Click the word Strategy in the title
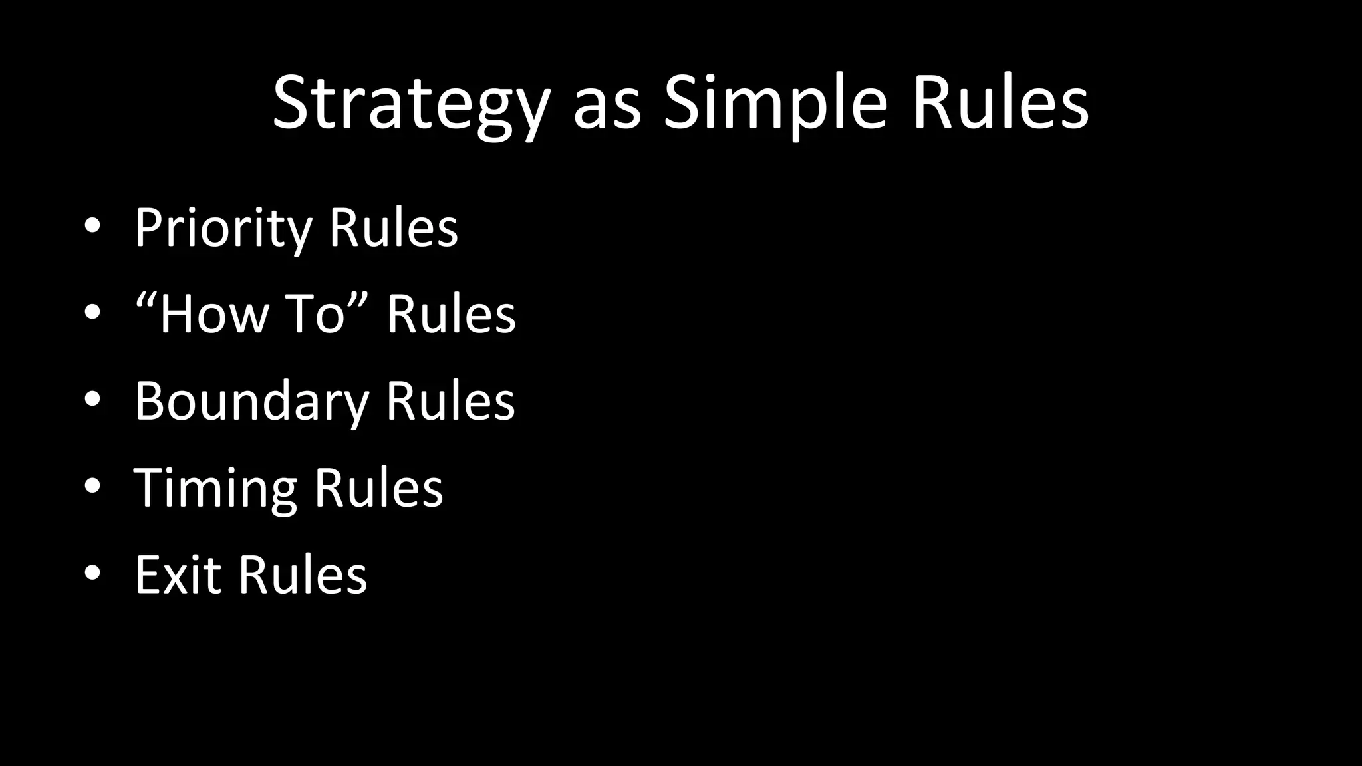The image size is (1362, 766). point(411,105)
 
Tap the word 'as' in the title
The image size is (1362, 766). point(607,106)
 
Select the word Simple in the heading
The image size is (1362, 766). point(775,105)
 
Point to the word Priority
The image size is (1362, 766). point(223,229)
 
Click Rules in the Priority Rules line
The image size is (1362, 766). point(393,227)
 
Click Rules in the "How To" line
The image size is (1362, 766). point(451,314)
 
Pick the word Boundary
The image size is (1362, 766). point(251,402)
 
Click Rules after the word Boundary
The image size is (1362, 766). point(450,401)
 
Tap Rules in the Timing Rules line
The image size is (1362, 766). point(378,488)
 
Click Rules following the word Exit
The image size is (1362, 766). point(303,574)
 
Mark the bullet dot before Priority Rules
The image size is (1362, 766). point(92,227)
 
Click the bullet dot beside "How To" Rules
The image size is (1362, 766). point(92,313)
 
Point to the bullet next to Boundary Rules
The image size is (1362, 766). point(92,400)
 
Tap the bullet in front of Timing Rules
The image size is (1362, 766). point(92,486)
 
